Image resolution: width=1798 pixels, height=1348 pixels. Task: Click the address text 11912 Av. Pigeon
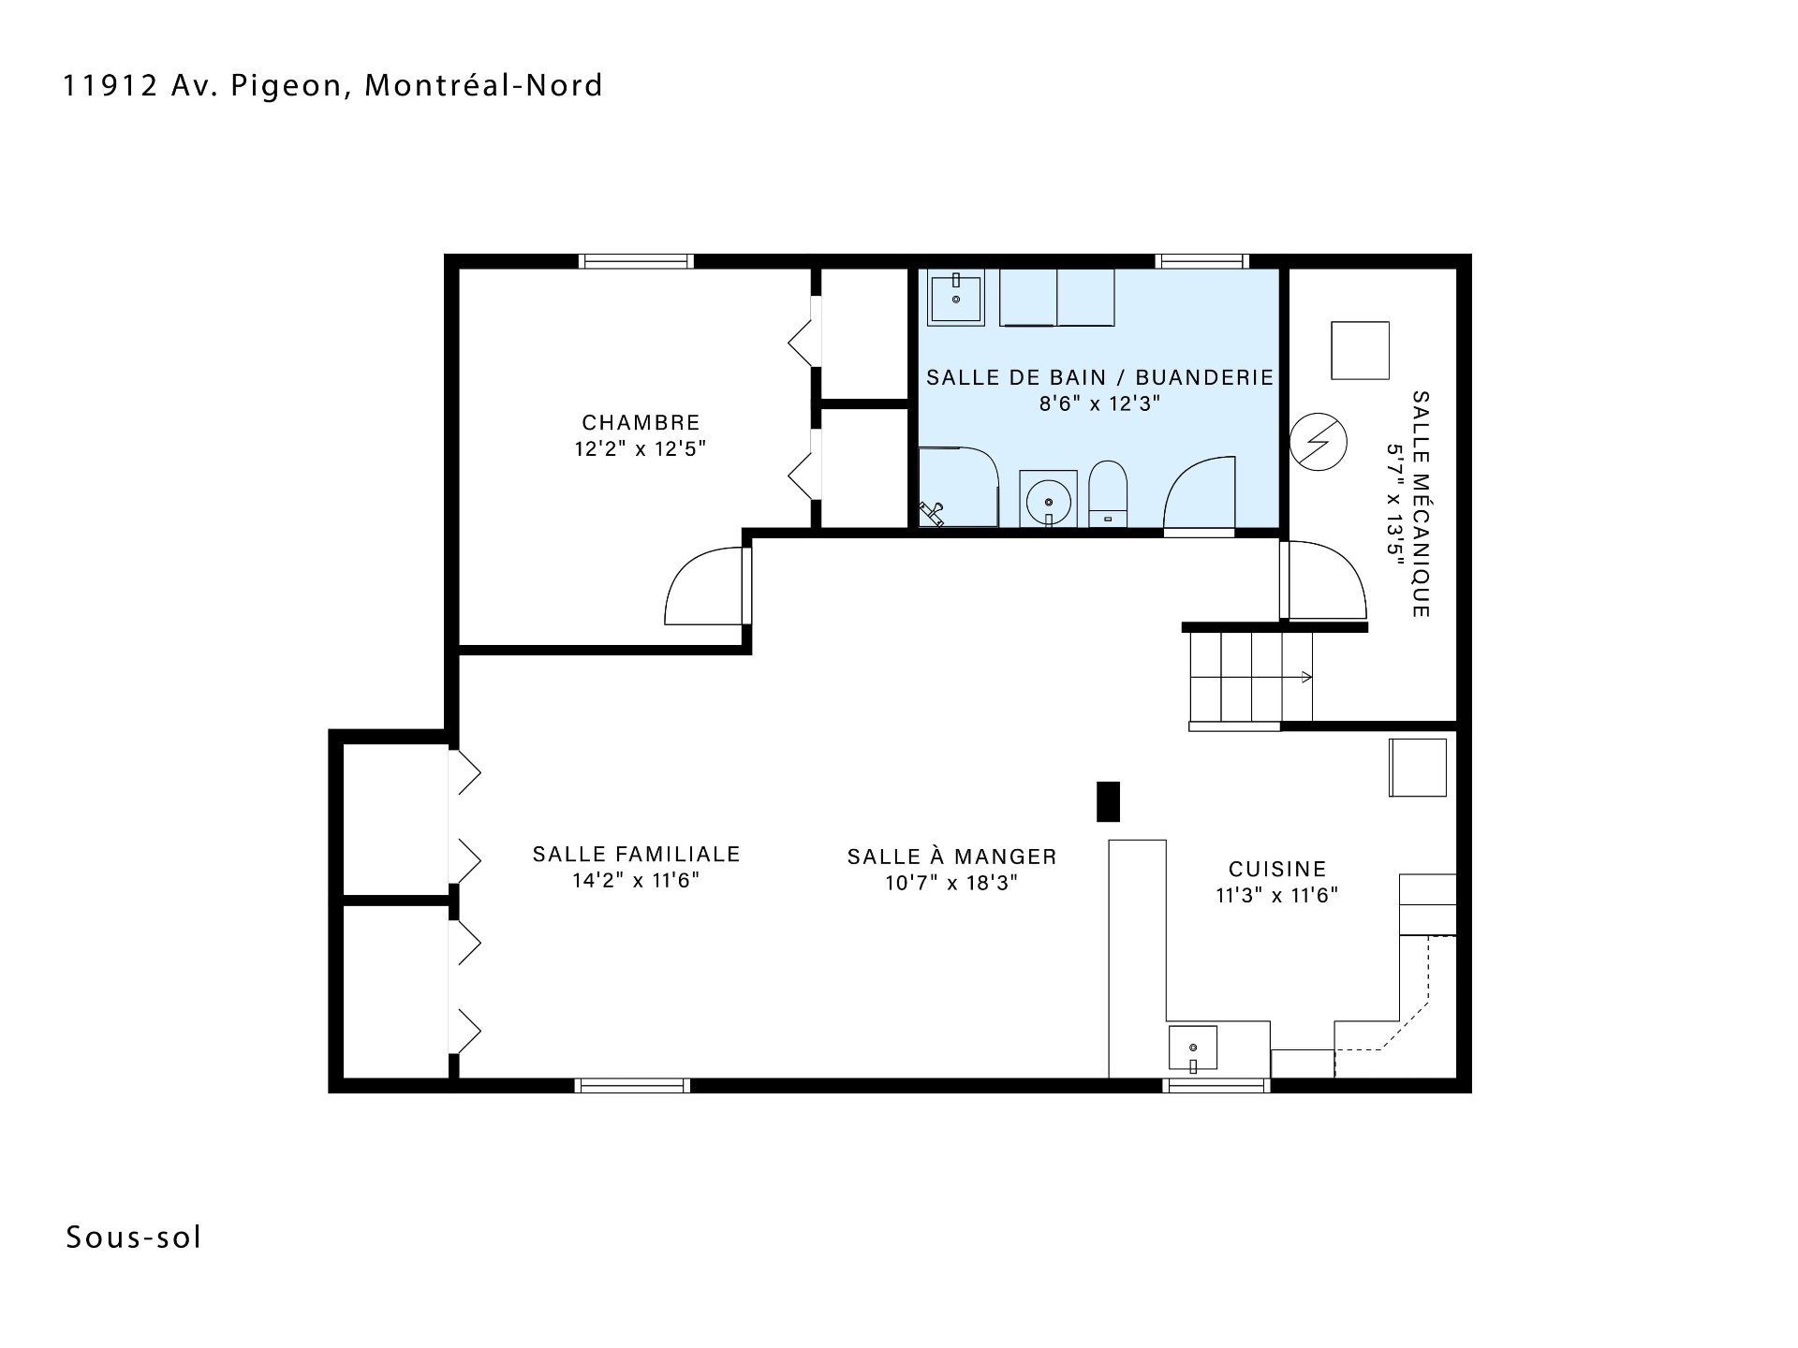(203, 86)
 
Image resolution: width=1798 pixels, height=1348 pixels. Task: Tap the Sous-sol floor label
(134, 1238)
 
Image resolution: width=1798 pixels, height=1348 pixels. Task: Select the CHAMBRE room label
(641, 423)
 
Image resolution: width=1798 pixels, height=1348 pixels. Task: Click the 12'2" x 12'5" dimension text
(640, 449)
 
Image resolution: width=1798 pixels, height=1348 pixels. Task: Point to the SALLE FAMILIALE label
(637, 854)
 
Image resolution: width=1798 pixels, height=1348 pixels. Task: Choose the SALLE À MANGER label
(952, 857)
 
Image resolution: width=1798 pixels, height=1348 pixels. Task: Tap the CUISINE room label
(1277, 869)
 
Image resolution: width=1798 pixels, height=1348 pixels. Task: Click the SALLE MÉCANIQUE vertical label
(1421, 504)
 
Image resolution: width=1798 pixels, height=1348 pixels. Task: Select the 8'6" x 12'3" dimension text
(1100, 403)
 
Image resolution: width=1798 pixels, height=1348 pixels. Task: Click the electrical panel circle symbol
(1318, 442)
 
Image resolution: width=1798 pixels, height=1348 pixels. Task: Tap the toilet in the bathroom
(1109, 493)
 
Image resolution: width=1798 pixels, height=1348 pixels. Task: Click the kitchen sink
(1192, 1048)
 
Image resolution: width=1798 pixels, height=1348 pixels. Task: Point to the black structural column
(1108, 801)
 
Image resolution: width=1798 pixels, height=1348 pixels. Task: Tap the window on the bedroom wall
(636, 261)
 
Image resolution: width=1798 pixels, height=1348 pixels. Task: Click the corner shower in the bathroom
(958, 487)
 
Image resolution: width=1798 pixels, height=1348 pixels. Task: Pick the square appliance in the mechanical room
(1360, 350)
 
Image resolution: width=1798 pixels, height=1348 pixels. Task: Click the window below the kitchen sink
(1216, 1086)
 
